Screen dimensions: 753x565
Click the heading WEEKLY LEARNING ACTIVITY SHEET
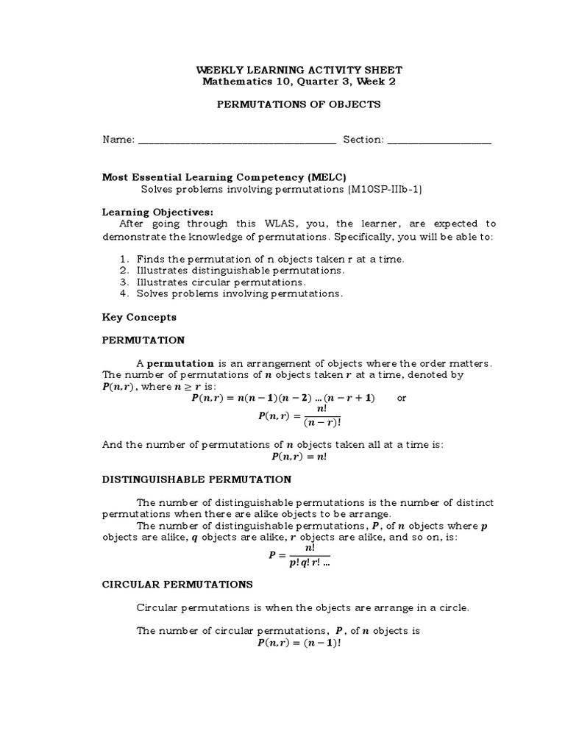click(x=298, y=69)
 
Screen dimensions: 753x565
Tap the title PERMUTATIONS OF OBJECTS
click(x=298, y=104)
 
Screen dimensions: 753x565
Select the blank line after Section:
click(x=439, y=140)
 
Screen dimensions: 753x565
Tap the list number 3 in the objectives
click(x=124, y=282)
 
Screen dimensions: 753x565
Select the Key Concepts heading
click(x=138, y=317)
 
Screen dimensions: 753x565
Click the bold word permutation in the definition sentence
click(x=181, y=363)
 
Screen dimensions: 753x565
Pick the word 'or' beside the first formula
click(x=401, y=398)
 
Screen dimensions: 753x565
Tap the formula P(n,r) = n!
click(x=298, y=457)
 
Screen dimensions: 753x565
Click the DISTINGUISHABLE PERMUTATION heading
click(x=196, y=479)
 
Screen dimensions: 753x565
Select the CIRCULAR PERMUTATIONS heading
click(x=177, y=585)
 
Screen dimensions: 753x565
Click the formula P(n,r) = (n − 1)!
click(x=298, y=642)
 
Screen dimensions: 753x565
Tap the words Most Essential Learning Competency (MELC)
click(x=223, y=177)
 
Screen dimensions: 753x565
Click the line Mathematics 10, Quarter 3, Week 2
click(x=298, y=81)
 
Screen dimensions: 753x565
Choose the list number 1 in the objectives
click(x=124, y=259)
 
